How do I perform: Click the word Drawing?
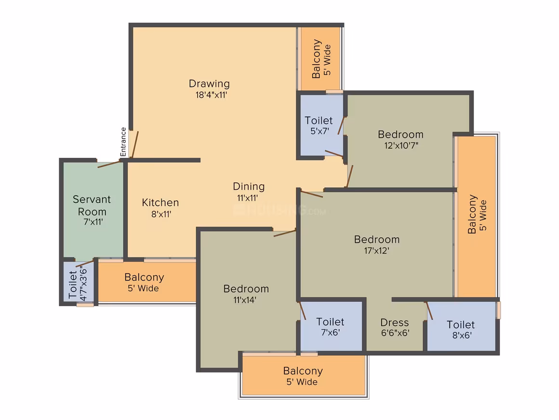pos(209,84)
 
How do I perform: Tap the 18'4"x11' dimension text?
pos(211,95)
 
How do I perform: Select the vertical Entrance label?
pos(123,142)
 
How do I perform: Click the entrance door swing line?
pos(135,145)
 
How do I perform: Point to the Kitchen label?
pos(160,202)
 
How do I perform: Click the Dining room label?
pos(249,186)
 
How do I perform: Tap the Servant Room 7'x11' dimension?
pos(93,222)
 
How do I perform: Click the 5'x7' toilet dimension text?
pos(319,131)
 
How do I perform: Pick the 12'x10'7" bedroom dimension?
pos(401,145)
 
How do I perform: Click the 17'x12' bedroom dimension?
pos(376,251)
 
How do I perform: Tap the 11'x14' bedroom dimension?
pos(245,300)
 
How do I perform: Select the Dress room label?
pos(395,322)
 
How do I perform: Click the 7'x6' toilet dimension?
pos(331,333)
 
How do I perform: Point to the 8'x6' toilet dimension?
pos(462,336)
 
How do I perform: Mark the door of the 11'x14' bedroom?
pos(284,233)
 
